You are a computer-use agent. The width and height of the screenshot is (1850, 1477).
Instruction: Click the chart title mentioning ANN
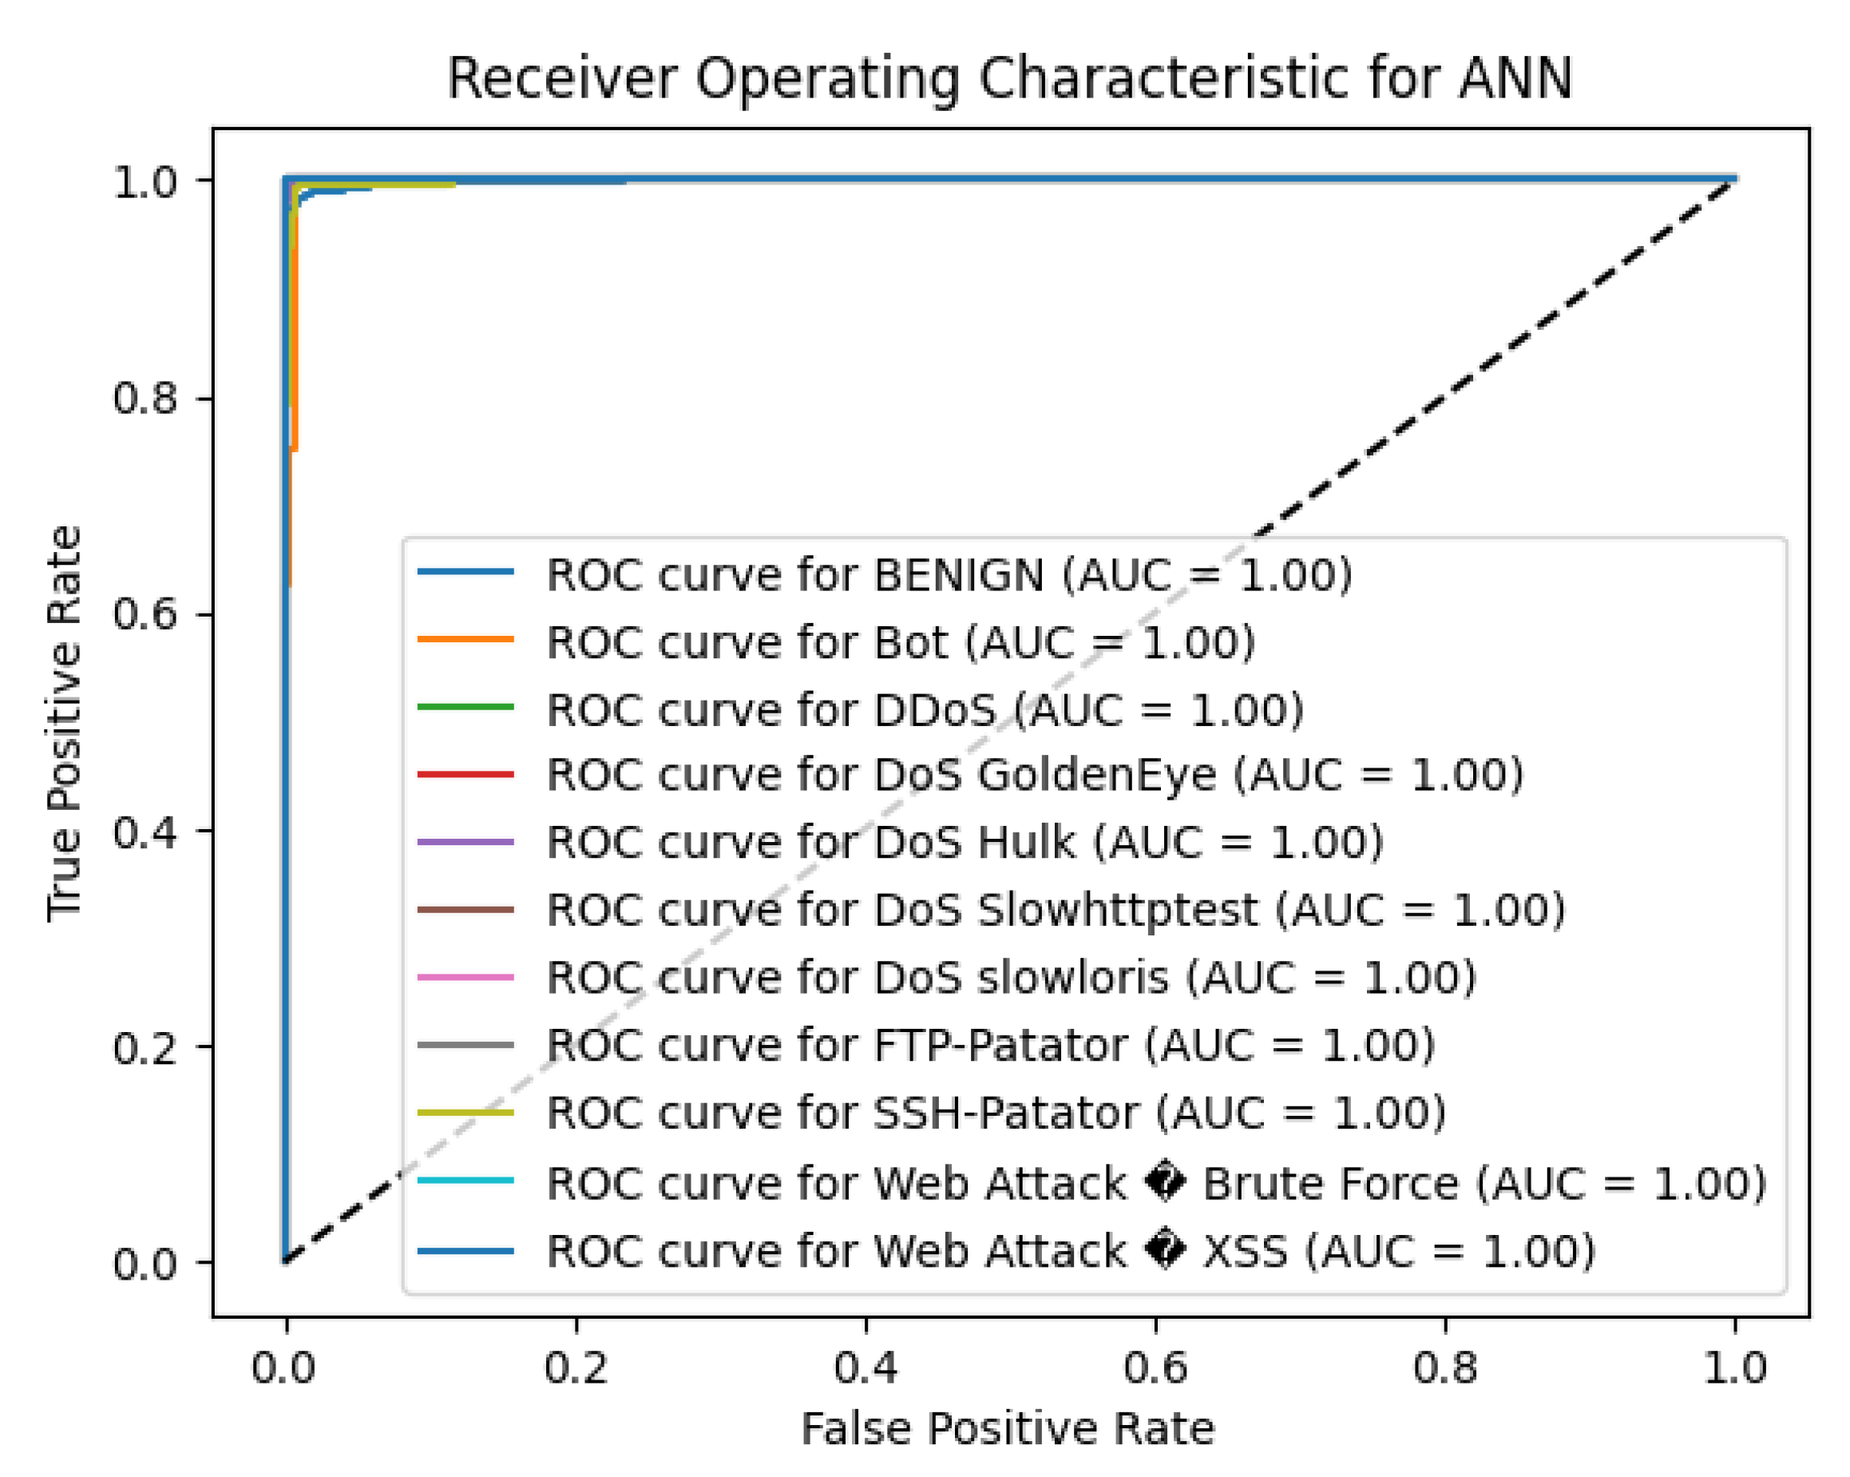click(x=1009, y=79)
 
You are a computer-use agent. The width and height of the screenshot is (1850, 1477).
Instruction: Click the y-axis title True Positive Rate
click(x=65, y=724)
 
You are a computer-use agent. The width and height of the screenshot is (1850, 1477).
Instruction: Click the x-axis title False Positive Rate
click(x=1008, y=1429)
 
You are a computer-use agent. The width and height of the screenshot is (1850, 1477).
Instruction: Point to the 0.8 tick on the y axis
click(x=145, y=399)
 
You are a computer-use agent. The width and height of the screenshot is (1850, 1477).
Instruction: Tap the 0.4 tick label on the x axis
click(x=866, y=1367)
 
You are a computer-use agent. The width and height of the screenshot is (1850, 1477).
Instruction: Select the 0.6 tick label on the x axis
click(x=1155, y=1367)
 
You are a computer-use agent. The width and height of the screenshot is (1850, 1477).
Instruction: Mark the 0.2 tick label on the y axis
click(x=145, y=1047)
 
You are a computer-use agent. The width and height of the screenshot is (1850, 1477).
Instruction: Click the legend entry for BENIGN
click(x=949, y=575)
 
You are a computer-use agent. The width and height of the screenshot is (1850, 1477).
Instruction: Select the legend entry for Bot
click(x=900, y=643)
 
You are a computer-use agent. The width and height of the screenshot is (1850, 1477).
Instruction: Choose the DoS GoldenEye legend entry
click(x=1034, y=775)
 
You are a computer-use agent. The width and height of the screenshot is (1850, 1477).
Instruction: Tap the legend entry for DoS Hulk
click(x=965, y=842)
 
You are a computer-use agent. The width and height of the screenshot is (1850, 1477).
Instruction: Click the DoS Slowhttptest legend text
click(x=1056, y=910)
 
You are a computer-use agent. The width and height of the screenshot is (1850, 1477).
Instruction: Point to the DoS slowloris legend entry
click(x=1011, y=978)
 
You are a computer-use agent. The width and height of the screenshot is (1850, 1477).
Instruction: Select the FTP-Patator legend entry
click(x=990, y=1046)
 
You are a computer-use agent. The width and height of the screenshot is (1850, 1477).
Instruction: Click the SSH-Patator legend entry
click(x=996, y=1113)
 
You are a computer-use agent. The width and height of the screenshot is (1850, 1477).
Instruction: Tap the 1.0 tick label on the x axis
click(x=1735, y=1367)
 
